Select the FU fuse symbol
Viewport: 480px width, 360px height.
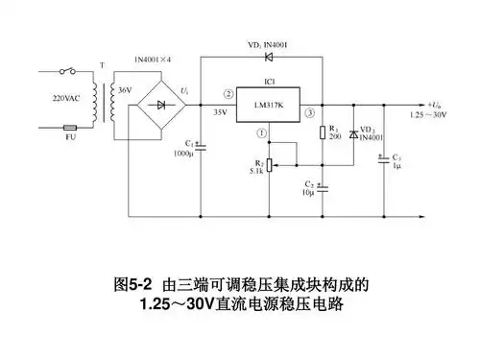(x=70, y=126)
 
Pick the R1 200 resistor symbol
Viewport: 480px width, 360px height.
(x=323, y=132)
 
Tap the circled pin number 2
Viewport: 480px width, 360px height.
(x=227, y=94)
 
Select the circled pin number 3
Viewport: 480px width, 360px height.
(x=309, y=112)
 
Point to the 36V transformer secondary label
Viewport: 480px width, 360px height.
(x=124, y=89)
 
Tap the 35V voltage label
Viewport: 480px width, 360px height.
(x=219, y=111)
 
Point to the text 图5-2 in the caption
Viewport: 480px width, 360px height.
(x=133, y=285)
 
